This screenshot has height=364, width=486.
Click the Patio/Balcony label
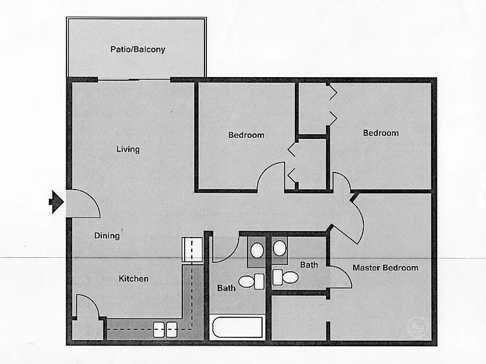pyautogui.click(x=138, y=49)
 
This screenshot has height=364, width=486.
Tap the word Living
pyautogui.click(x=128, y=149)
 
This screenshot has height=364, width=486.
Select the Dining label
pyautogui.click(x=107, y=236)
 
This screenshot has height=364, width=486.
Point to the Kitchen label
pyautogui.click(x=134, y=279)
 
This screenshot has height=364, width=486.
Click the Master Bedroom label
pyautogui.click(x=385, y=268)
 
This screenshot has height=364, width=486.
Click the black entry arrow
pyautogui.click(x=56, y=202)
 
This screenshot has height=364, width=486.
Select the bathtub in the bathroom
pyautogui.click(x=237, y=327)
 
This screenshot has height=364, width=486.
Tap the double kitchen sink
pyautogui.click(x=165, y=330)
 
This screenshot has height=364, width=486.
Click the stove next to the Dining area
pyautogui.click(x=192, y=250)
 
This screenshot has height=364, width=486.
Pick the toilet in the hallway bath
pyautogui.click(x=251, y=281)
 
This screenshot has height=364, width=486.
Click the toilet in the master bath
pyautogui.click(x=285, y=277)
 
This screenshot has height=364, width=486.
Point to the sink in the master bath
pyautogui.click(x=280, y=248)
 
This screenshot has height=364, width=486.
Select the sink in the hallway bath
pyautogui.click(x=257, y=250)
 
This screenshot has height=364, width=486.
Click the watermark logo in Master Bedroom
pyautogui.click(x=417, y=327)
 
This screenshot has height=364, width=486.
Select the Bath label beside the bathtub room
pyautogui.click(x=227, y=288)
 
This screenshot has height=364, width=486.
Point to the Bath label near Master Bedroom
pyautogui.click(x=309, y=265)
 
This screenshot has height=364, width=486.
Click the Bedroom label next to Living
pyautogui.click(x=246, y=135)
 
